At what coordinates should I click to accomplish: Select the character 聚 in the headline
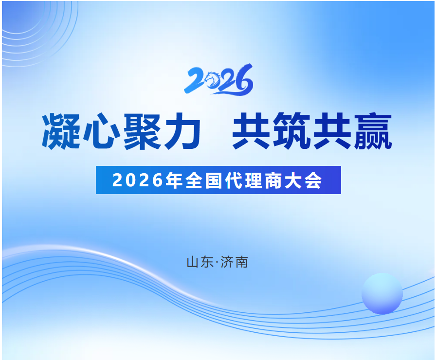[142, 131]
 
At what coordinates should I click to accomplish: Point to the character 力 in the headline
[182, 131]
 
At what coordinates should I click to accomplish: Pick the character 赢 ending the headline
[373, 131]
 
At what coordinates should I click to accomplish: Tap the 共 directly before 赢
[333, 131]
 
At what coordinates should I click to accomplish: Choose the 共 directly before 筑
[251, 131]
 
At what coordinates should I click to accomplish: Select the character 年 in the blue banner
[174, 180]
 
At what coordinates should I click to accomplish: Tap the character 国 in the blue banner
[214, 180]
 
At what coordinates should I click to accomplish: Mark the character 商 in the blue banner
[273, 180]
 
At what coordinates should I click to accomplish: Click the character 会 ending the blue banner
[313, 180]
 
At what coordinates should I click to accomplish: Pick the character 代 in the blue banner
[234, 180]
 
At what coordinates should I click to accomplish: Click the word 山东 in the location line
[200, 262]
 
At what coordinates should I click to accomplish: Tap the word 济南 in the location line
[234, 262]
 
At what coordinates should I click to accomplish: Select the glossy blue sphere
[382, 293]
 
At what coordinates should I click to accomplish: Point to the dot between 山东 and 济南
[217, 262]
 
